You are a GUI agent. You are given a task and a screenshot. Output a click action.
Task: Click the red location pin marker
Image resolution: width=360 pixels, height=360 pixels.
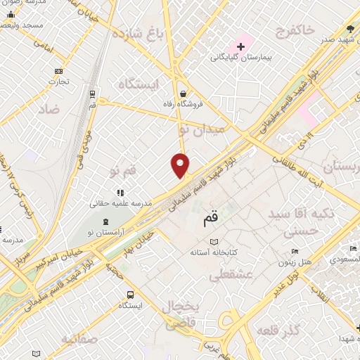181,165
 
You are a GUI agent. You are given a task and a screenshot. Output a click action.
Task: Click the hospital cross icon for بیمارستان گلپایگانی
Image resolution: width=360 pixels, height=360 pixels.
241,46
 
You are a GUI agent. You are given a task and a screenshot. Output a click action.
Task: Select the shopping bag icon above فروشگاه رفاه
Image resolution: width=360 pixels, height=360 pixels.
183,94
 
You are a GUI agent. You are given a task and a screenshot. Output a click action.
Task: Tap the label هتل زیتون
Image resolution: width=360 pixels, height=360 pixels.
297,262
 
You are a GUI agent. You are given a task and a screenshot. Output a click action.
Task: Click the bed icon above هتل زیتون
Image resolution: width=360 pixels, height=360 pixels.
295,251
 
